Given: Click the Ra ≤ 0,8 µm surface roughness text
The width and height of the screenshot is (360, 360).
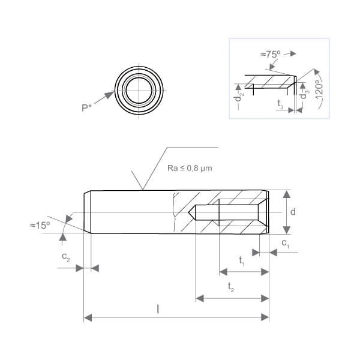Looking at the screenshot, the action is pos(190,168).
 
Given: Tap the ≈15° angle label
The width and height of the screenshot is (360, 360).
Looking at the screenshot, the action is pos(40,226).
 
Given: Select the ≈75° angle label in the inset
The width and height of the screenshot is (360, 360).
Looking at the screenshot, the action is pos(271,54).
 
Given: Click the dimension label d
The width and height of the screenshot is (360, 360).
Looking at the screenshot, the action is pos(293,212).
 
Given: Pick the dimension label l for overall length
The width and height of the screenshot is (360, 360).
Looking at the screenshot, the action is pos(158,309).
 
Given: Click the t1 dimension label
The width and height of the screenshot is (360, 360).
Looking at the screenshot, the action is pos(242,261).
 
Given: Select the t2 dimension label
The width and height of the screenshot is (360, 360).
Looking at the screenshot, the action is pos(231,287).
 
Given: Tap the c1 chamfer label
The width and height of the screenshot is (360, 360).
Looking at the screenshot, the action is pos(286,244).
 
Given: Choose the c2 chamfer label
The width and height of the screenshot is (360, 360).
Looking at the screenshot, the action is pos(66,257).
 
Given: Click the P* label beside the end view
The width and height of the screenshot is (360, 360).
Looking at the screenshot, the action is pos(86,107).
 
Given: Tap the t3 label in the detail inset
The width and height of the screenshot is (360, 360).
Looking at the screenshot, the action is pos(281,104).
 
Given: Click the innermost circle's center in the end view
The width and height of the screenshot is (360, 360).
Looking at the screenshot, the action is pos(139,91).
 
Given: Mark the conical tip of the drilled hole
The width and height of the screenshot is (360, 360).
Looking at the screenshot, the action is pos(188,212).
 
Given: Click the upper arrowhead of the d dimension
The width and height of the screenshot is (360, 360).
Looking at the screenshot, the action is pos(286,194).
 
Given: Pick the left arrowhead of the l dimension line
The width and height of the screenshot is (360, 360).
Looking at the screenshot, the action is pos(88,318).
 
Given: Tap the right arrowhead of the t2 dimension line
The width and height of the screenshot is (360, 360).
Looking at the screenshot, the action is pos(265,298).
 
